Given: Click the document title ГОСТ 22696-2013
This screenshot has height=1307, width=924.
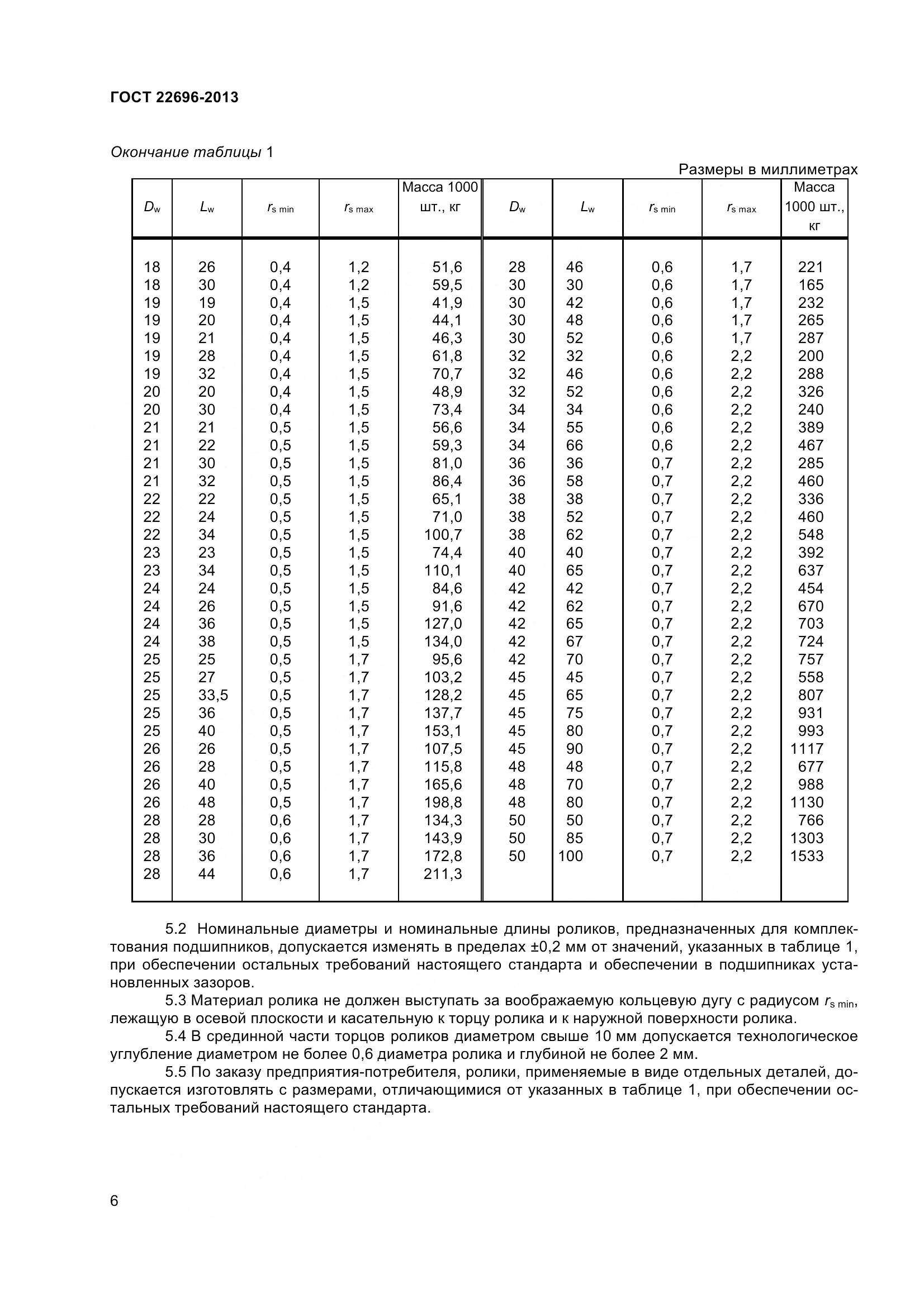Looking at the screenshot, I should pyautogui.click(x=174, y=97).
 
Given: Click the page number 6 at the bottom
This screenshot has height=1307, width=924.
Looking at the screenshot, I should pyautogui.click(x=115, y=1201).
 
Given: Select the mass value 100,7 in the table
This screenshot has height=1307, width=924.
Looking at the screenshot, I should pyautogui.click(x=443, y=535).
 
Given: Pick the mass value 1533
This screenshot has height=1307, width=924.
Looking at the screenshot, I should pyautogui.click(x=807, y=856).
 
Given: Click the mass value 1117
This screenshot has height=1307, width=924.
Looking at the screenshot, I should pyautogui.click(x=807, y=749).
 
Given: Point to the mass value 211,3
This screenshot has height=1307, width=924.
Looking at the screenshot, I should pyautogui.click(x=443, y=874).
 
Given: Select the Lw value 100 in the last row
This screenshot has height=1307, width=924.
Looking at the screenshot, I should pyautogui.click(x=571, y=856).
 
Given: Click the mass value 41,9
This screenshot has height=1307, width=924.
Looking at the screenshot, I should pyautogui.click(x=447, y=303).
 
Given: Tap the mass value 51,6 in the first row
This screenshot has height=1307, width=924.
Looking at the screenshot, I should pyautogui.click(x=447, y=267).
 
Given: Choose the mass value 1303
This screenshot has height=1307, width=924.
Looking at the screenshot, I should pyautogui.click(x=807, y=838).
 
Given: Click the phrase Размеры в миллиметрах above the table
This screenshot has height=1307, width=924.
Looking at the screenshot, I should pyautogui.click(x=768, y=170).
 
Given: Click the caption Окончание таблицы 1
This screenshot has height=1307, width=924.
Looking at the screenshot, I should pyautogui.click(x=192, y=153).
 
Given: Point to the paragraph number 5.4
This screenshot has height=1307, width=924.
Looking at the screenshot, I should pyautogui.click(x=176, y=1036).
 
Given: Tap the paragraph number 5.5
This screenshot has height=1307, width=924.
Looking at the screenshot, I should pyautogui.click(x=176, y=1072).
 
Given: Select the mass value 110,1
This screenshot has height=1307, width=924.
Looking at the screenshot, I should pyautogui.click(x=443, y=571).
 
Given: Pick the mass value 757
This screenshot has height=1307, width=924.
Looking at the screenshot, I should pyautogui.click(x=811, y=659).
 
